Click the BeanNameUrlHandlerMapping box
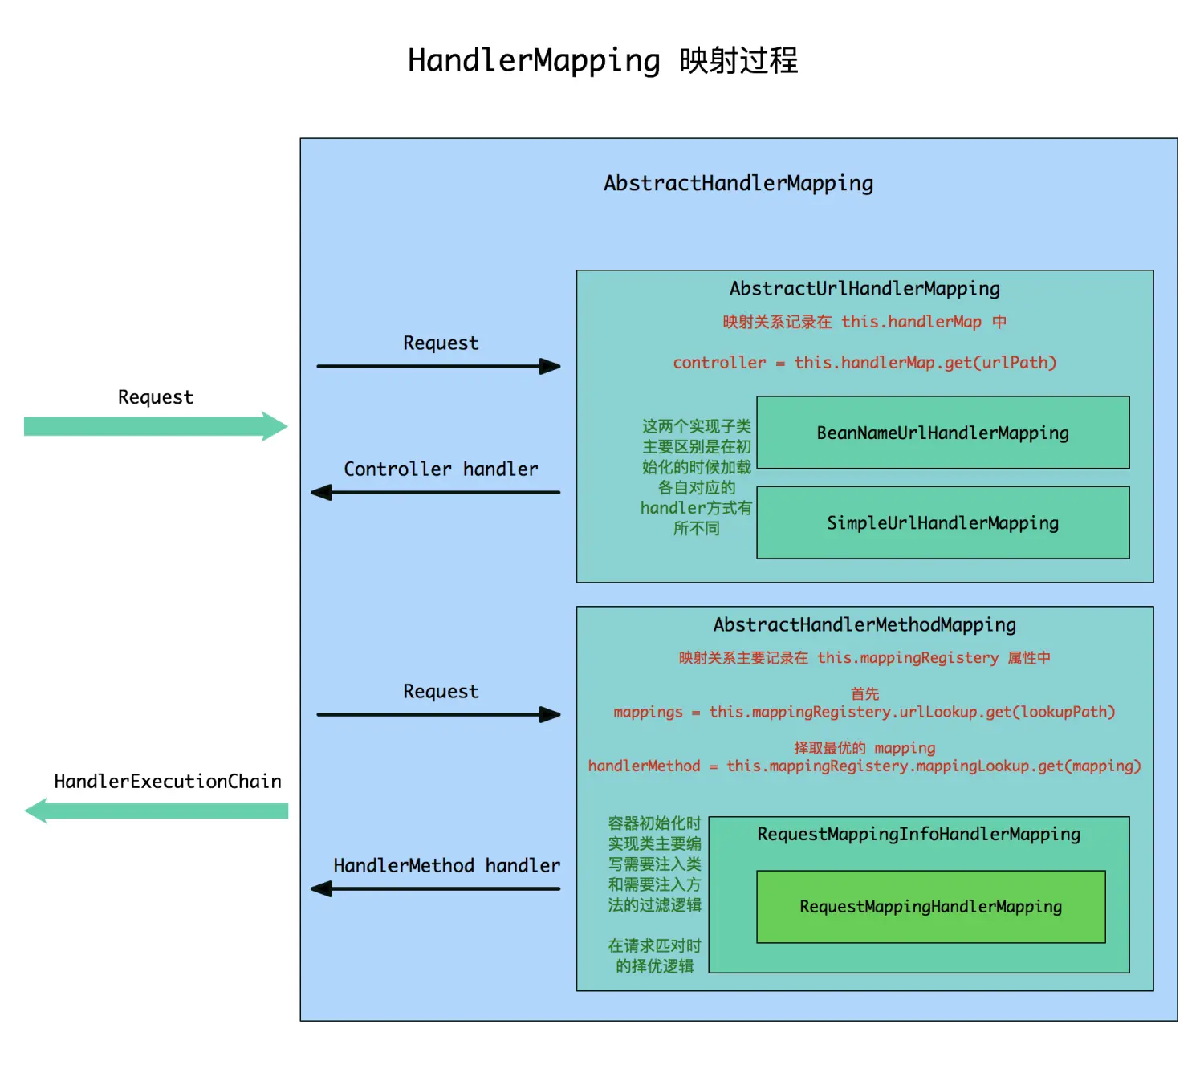click(x=942, y=433)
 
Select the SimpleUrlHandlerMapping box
click(x=942, y=522)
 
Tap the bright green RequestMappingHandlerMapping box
click(x=930, y=907)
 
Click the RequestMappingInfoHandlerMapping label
click(x=918, y=835)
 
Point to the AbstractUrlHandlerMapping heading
click(x=864, y=289)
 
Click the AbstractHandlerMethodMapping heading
click(x=864, y=625)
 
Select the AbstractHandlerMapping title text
click(x=738, y=184)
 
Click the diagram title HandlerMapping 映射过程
click(x=603, y=61)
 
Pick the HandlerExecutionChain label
click(x=167, y=782)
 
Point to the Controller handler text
click(x=441, y=469)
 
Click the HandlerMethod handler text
click(x=446, y=866)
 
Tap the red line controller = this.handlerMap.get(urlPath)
click(x=864, y=363)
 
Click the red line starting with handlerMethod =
click(x=864, y=766)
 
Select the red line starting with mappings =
click(x=864, y=713)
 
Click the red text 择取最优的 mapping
click(x=864, y=748)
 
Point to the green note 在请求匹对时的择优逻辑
click(x=654, y=956)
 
